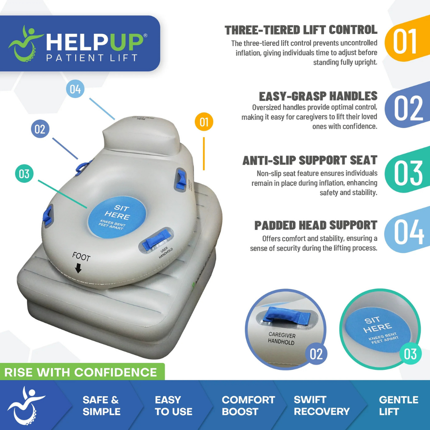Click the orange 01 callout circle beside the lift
pos(204,122)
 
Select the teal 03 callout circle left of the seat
pos(24,174)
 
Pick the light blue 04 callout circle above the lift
pos(75,89)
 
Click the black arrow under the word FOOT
pos(78,269)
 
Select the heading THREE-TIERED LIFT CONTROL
pos(301,30)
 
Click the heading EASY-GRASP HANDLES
pos(318,96)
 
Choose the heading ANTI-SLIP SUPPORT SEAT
pos(310,160)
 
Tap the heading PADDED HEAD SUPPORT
pos(316,225)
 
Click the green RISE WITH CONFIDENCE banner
pos(81,372)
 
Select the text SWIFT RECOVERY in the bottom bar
pos(321,405)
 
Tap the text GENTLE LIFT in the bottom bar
pos(398,405)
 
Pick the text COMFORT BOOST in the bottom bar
pos(248,405)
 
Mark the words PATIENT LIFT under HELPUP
pos(92,58)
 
